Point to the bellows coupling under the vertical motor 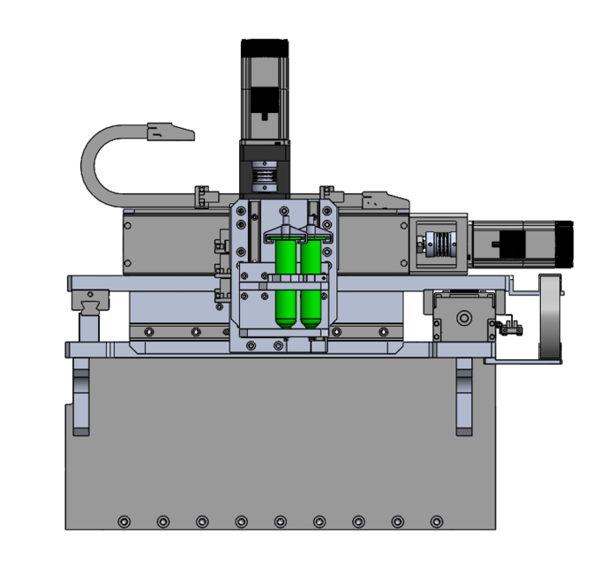[263, 179]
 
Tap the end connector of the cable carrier [169, 132]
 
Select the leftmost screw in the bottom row [123, 521]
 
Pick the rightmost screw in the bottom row [437, 521]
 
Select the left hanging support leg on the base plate [82, 402]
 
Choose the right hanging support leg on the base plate [464, 397]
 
